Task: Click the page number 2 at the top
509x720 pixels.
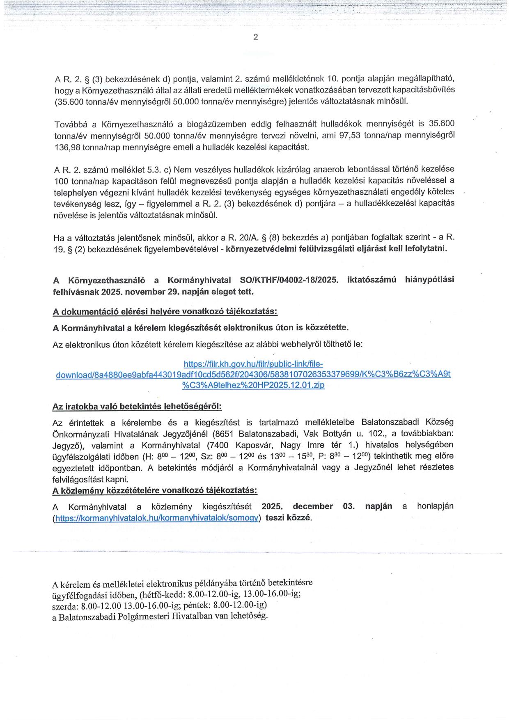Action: [255, 37]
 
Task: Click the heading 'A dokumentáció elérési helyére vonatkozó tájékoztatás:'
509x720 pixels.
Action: [165, 312]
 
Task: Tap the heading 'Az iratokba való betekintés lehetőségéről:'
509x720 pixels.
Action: [137, 407]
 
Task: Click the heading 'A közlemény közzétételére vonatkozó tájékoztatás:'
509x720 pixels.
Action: [155, 490]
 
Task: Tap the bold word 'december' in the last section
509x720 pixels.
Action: [313, 506]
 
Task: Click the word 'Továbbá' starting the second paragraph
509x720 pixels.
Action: [69, 124]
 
